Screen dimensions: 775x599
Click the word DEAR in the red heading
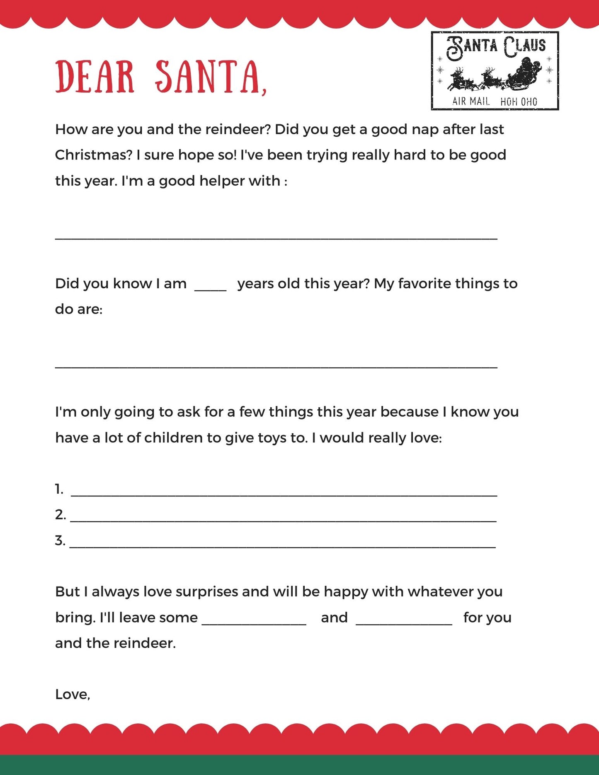click(x=95, y=77)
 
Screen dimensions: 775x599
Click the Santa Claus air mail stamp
click(x=495, y=71)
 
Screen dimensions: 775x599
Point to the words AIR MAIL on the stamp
click(x=471, y=101)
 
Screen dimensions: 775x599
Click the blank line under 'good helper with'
click(x=276, y=238)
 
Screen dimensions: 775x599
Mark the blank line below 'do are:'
click(x=276, y=366)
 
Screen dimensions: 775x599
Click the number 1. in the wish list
click(x=59, y=490)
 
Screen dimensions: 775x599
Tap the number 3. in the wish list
click(x=60, y=541)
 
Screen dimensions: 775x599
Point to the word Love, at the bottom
click(x=73, y=695)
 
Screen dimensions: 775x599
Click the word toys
click(x=272, y=438)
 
